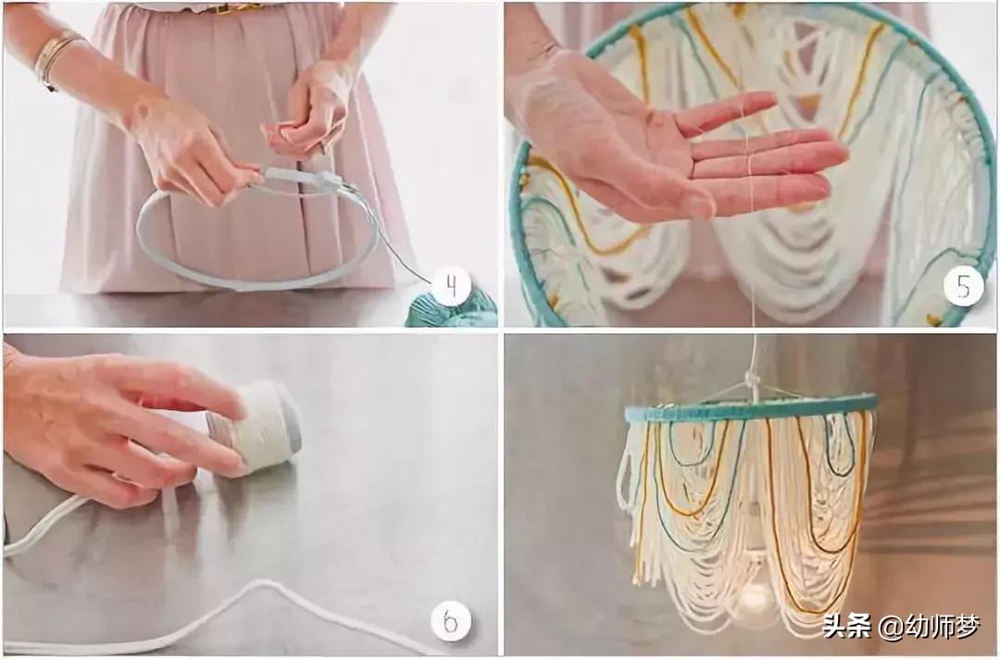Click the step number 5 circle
pyautogui.click(x=963, y=288)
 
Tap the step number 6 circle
pyautogui.click(x=451, y=621)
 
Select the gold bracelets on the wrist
pyautogui.click(x=55, y=58)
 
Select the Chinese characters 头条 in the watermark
pyautogui.click(x=846, y=626)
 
